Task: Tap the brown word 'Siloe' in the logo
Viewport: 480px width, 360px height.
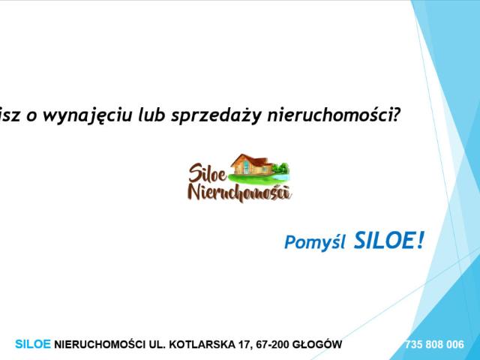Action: pos(208,174)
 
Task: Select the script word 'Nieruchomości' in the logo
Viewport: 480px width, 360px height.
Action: pos(238,193)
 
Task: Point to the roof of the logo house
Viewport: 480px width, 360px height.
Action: pos(250,159)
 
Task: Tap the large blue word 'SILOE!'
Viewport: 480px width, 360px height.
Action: pos(388,240)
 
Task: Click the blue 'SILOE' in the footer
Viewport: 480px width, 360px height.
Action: pos(33,345)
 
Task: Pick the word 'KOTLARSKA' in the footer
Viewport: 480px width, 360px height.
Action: pos(203,345)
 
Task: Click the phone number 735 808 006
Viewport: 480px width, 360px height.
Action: pos(433,345)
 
